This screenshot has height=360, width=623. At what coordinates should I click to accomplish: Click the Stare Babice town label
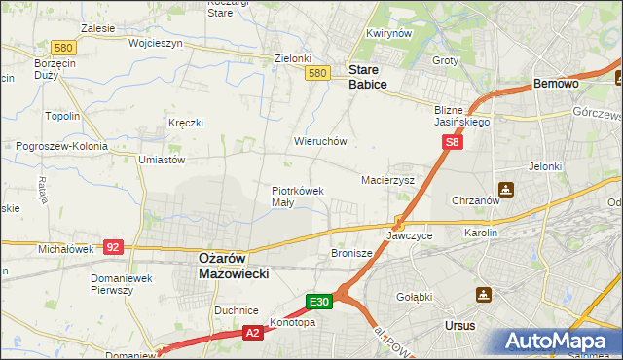click(x=368, y=77)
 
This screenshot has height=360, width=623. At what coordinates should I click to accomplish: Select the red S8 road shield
click(x=453, y=143)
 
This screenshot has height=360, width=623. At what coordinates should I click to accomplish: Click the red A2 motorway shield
click(x=250, y=333)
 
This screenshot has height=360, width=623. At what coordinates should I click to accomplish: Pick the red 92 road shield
click(x=114, y=248)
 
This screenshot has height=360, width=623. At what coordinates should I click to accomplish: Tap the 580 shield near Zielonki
click(x=316, y=73)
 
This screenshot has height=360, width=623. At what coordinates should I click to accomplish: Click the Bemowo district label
click(x=556, y=85)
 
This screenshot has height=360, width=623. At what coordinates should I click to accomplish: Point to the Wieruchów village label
click(x=320, y=141)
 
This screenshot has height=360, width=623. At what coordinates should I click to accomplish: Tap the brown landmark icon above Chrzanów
click(x=505, y=188)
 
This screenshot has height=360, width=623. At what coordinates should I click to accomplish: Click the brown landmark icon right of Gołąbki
click(x=484, y=294)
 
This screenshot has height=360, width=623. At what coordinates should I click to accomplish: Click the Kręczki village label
click(x=185, y=123)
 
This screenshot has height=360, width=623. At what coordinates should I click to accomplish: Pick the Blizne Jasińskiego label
click(x=462, y=117)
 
